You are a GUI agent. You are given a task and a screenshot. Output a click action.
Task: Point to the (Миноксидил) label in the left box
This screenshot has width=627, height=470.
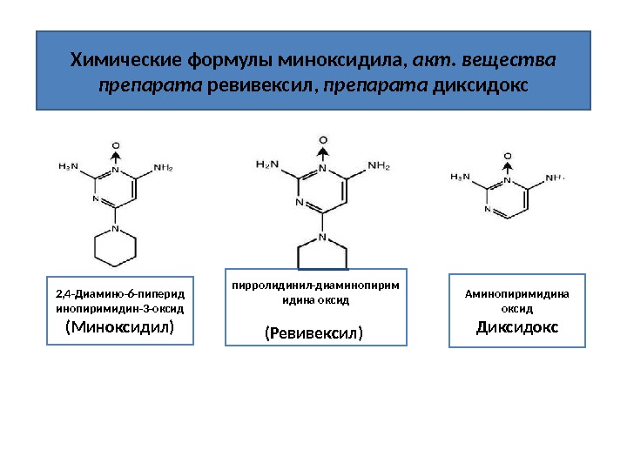(120, 327)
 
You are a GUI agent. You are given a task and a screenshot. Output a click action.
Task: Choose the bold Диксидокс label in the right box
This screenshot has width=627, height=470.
(517, 327)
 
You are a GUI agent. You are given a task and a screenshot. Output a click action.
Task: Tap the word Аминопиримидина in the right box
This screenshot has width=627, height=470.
(517, 293)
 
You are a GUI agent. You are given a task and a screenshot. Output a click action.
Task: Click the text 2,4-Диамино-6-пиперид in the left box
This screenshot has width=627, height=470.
(120, 292)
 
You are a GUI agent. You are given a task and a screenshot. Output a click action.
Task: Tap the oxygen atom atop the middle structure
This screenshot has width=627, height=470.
(323, 139)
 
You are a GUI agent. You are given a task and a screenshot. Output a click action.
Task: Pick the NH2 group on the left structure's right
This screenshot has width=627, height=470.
(163, 166)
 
